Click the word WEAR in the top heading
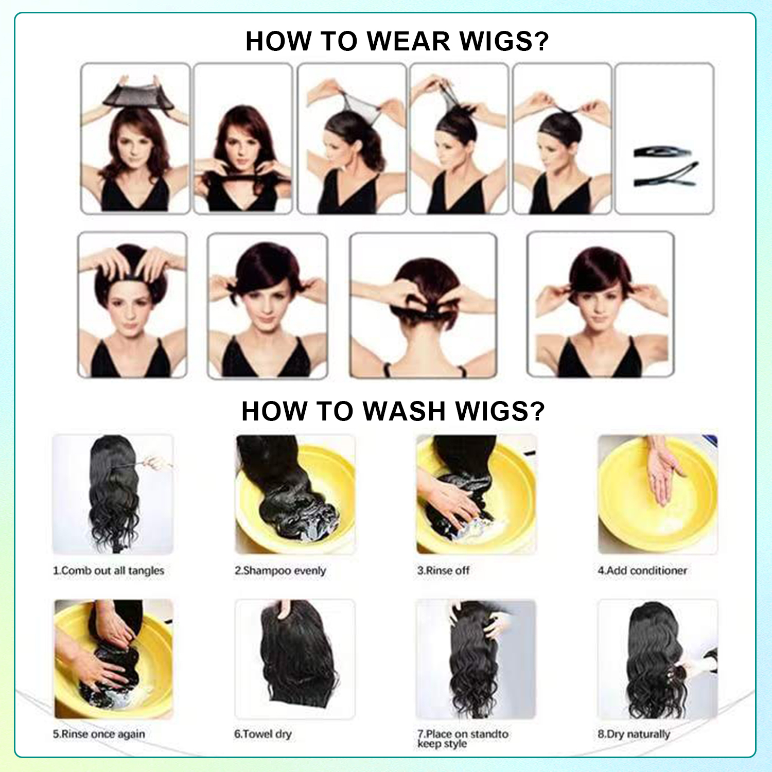click(409, 41)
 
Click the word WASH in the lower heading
click(404, 411)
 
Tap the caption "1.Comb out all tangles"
click(109, 571)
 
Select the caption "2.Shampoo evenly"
click(280, 571)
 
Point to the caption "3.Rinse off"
click(443, 570)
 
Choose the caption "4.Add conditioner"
click(642, 570)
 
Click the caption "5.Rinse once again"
click(99, 734)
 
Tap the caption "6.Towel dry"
click(263, 734)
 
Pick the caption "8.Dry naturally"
click(634, 734)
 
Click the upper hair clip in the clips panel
click(662, 152)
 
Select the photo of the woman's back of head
click(423, 306)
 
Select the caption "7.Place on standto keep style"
click(463, 739)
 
